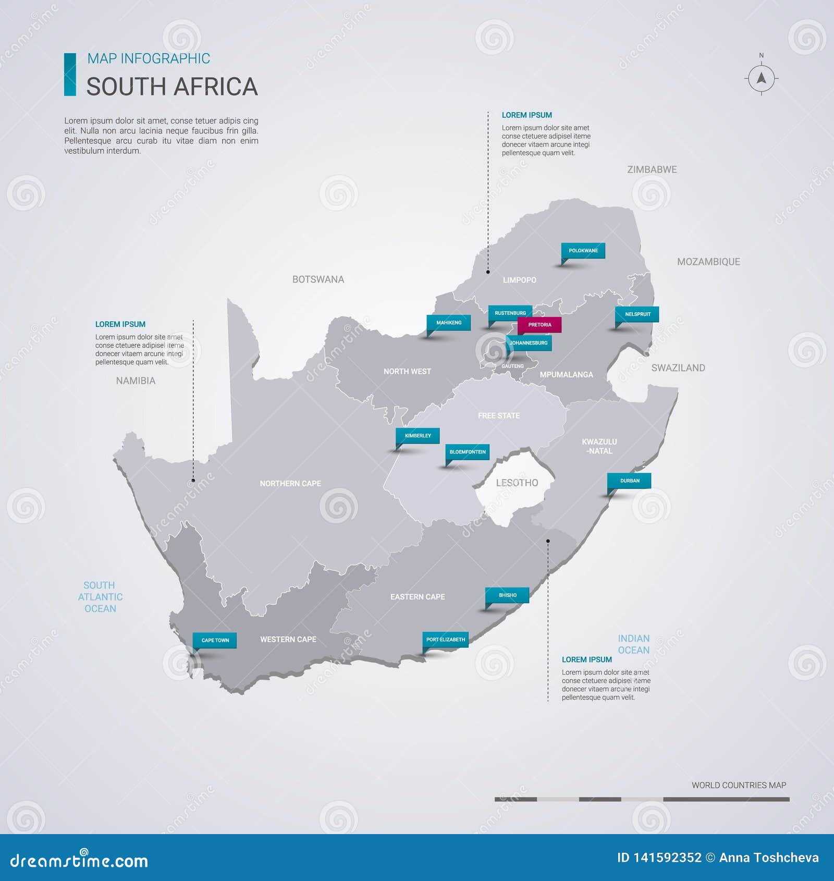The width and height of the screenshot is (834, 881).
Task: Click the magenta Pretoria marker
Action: click(x=539, y=325)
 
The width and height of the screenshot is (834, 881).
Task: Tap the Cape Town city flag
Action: click(x=215, y=640)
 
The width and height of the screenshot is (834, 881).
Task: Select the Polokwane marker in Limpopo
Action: click(x=583, y=251)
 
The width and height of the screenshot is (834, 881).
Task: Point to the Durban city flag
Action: click(x=629, y=481)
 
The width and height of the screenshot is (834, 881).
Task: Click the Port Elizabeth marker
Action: click(x=445, y=640)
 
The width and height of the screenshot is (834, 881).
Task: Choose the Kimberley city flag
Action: click(x=418, y=436)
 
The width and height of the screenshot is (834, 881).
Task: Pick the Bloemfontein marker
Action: click(x=468, y=452)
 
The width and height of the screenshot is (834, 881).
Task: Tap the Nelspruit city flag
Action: click(x=637, y=314)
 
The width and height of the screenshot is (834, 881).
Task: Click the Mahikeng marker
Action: click(x=448, y=323)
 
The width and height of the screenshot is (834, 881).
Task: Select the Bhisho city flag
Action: click(x=507, y=595)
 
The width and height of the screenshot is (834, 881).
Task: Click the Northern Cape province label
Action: click(x=290, y=484)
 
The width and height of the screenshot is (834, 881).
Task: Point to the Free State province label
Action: click(x=499, y=416)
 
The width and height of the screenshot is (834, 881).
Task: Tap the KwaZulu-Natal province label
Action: click(x=599, y=446)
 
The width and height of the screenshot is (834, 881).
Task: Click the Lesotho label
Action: click(x=517, y=483)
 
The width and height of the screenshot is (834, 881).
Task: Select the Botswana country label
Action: click(x=318, y=279)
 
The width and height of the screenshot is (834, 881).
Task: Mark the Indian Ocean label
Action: click(x=633, y=644)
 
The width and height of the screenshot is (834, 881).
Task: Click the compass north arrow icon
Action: click(x=761, y=78)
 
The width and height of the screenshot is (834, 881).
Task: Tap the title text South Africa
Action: click(x=172, y=87)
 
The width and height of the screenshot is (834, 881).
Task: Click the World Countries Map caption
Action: click(x=739, y=785)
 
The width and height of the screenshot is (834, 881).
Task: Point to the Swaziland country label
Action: click(x=678, y=368)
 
